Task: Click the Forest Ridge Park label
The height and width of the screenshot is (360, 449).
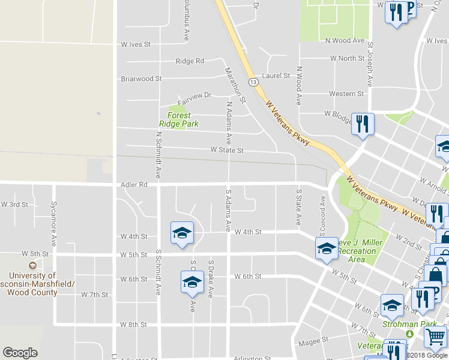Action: pyautogui.click(x=178, y=119)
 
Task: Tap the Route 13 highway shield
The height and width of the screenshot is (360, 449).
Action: pyautogui.click(x=253, y=81)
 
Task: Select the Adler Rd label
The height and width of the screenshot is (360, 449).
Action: pyautogui.click(x=134, y=185)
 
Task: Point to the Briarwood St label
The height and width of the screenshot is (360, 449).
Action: pyautogui.click(x=141, y=79)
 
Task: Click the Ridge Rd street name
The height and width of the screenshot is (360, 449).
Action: pyautogui.click(x=190, y=61)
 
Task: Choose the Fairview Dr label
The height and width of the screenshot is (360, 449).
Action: pyautogui.click(x=194, y=95)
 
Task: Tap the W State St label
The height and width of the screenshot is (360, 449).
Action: pyautogui.click(x=226, y=151)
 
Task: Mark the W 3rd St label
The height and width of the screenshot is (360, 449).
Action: pyautogui.click(x=14, y=205)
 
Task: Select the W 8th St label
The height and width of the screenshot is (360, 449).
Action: pyautogui.click(x=133, y=325)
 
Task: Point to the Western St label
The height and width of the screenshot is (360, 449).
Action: pyautogui.click(x=346, y=94)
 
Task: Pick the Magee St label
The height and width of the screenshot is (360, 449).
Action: pyautogui.click(x=313, y=339)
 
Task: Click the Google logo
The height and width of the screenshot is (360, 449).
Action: pyautogui.click(x=20, y=353)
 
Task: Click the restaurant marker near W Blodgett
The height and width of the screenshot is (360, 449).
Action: pyautogui.click(x=363, y=124)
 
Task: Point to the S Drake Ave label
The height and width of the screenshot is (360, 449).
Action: pyautogui.click(x=211, y=278)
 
